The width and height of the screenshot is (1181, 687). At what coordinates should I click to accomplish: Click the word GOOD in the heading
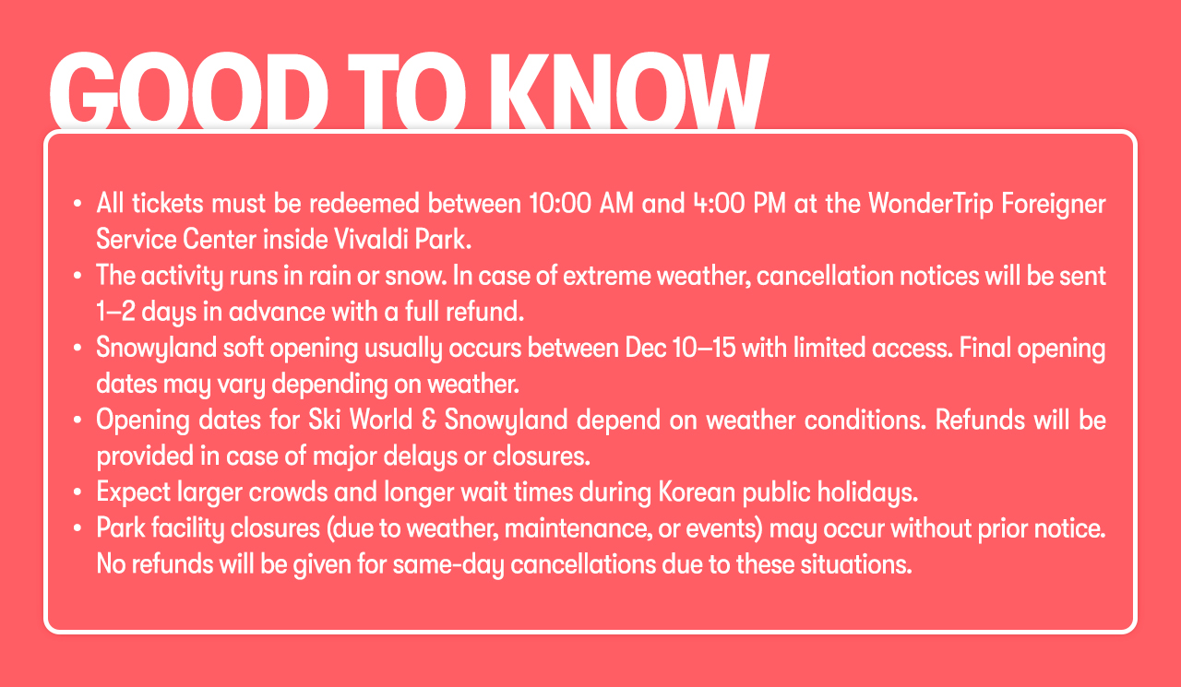click(188, 91)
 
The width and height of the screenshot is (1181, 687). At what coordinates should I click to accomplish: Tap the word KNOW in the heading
click(629, 91)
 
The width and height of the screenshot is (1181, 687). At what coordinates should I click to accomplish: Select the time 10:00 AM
click(581, 204)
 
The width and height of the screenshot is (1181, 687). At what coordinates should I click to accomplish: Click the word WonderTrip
click(931, 205)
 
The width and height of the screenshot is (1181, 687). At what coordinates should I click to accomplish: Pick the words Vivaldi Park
click(402, 240)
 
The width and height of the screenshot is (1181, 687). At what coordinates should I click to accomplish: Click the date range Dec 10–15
click(680, 349)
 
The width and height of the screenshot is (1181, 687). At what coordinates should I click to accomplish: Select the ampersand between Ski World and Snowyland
click(429, 420)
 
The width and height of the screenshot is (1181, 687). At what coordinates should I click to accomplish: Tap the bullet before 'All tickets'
click(78, 204)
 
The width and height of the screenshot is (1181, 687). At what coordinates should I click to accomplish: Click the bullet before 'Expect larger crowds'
click(78, 492)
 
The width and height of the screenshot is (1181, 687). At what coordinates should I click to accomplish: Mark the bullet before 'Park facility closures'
click(78, 528)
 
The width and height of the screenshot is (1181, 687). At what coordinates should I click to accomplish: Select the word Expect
click(134, 493)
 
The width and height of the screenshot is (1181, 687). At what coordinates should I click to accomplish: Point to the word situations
click(855, 564)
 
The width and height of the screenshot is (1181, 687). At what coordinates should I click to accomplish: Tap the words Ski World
click(360, 420)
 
